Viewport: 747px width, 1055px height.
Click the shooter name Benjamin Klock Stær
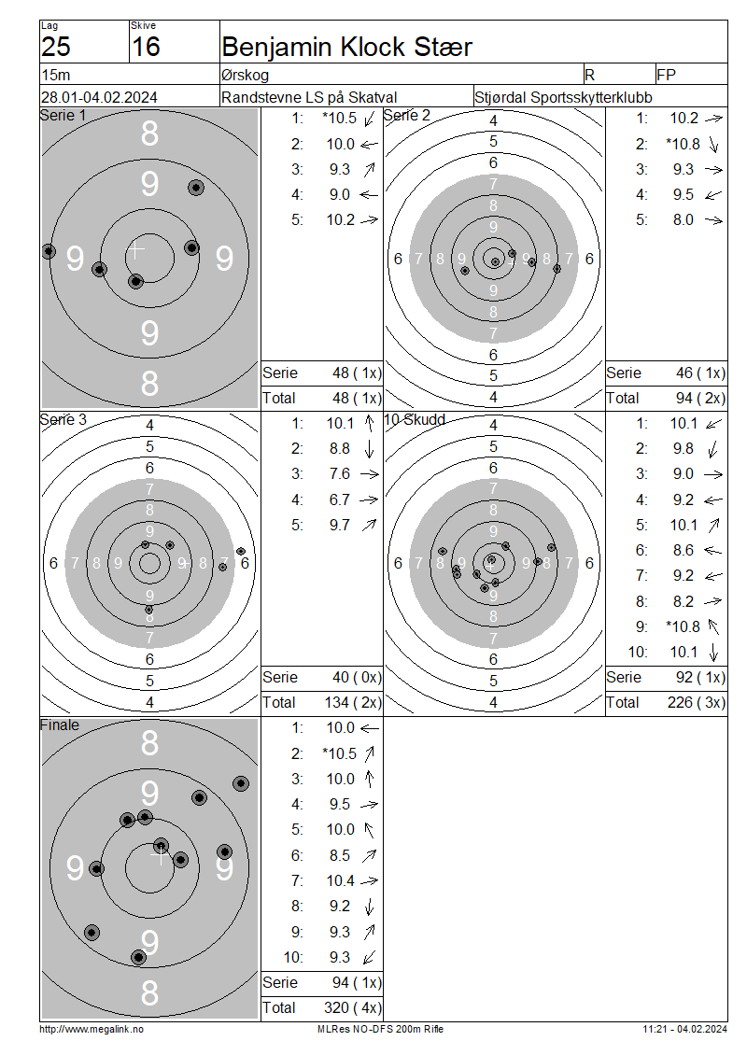(x=346, y=47)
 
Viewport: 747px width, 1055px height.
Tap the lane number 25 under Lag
(x=56, y=47)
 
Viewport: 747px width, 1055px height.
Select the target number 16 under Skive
(x=146, y=47)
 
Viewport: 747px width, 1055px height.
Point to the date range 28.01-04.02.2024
(x=99, y=97)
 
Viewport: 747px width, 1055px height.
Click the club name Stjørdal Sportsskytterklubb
(x=563, y=97)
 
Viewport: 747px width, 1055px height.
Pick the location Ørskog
(x=245, y=76)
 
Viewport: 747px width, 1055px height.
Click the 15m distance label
(x=56, y=75)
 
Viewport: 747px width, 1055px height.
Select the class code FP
(x=667, y=75)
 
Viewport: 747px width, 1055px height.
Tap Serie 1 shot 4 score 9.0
(x=340, y=194)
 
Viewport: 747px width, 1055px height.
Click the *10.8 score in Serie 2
(x=684, y=144)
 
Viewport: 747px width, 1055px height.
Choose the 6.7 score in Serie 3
(x=340, y=499)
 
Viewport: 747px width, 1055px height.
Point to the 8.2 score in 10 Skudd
(x=684, y=601)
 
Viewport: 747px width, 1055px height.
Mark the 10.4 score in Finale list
(x=341, y=880)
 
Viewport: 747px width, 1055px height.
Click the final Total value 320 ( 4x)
(x=353, y=1007)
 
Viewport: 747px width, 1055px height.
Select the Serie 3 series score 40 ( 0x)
(x=357, y=678)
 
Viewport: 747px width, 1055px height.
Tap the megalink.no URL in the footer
(x=92, y=1029)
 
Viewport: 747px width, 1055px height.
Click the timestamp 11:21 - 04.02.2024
(x=684, y=1029)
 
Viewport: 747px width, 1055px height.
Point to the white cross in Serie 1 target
(x=136, y=249)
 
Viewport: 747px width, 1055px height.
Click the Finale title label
(x=59, y=725)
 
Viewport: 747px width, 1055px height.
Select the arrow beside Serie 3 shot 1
(x=369, y=423)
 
